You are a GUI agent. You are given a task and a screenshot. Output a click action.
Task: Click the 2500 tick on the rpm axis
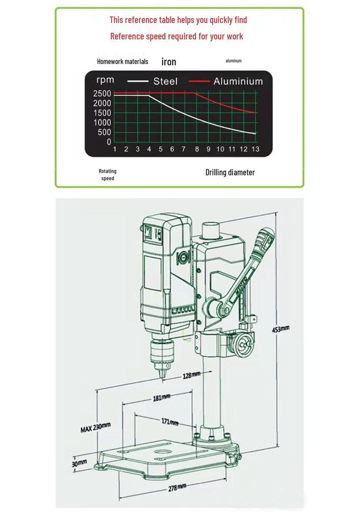click(x=102, y=93)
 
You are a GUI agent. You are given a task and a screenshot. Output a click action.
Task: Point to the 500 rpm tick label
click(x=104, y=133)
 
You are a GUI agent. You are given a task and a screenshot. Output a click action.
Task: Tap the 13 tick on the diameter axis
click(x=255, y=149)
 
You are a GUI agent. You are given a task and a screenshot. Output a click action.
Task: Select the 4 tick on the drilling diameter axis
click(x=149, y=149)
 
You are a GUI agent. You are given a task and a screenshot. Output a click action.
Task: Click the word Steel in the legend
click(x=165, y=81)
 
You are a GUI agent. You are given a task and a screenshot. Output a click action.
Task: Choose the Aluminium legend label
click(x=238, y=81)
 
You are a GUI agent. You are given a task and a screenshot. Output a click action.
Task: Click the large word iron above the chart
click(x=169, y=62)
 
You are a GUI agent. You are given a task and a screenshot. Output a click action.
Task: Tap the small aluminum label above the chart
click(x=233, y=61)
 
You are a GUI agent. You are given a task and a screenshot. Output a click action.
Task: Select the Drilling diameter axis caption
click(x=230, y=173)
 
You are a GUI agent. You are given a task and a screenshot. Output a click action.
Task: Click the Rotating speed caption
click(x=107, y=175)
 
